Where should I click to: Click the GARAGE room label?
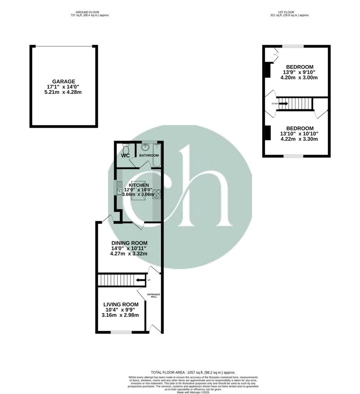tap(64, 82)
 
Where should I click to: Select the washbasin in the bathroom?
tap(146, 147)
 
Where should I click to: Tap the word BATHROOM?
tap(149, 155)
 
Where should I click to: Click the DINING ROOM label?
tap(129, 243)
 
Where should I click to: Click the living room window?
tap(121, 332)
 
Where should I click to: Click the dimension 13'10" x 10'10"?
tap(299, 134)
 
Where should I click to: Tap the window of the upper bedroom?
tap(293, 47)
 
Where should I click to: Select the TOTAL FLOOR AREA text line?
tap(193, 372)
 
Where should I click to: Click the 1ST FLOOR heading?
tap(290, 12)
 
